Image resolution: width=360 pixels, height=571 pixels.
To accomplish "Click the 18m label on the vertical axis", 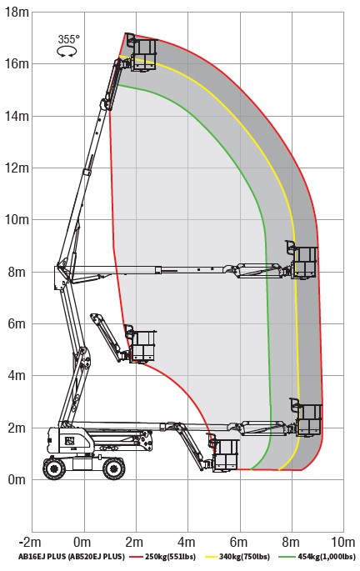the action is (17, 12).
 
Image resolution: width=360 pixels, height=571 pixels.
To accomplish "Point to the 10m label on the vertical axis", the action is (17, 220).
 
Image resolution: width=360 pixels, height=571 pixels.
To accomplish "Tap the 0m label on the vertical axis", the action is (17, 479).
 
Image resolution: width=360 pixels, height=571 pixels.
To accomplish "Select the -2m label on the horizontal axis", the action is (30, 542).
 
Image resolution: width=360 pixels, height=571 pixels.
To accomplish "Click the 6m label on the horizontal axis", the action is (239, 542).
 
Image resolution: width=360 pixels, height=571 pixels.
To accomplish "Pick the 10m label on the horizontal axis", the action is (342, 542).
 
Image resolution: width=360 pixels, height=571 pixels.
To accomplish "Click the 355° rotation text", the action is (68, 39).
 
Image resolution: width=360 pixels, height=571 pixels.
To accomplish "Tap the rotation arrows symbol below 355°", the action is (67, 53).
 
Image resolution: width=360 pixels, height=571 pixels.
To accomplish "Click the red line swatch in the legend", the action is (135, 557).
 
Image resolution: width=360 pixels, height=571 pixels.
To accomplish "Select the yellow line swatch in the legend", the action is (211, 557).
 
